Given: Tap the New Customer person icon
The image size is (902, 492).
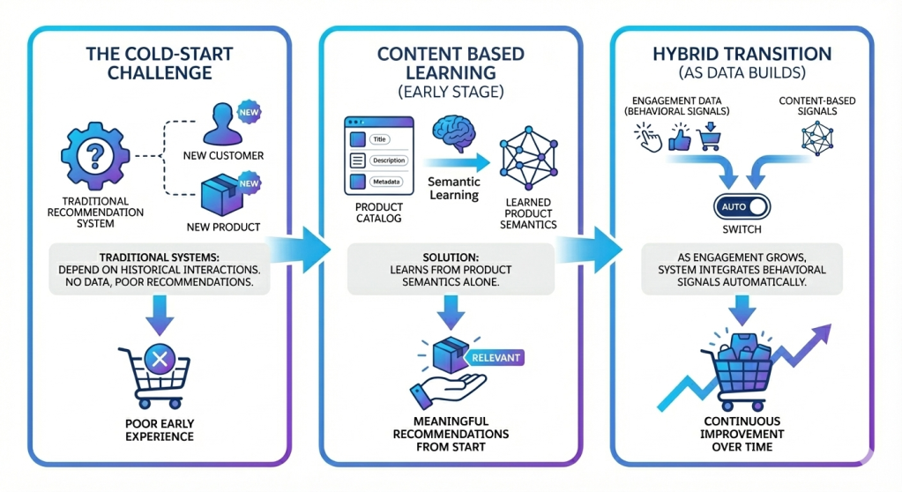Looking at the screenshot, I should coord(222,124).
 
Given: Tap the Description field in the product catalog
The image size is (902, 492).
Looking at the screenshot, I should coord(389,160).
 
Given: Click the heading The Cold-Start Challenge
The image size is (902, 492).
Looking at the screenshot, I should coord(160,63).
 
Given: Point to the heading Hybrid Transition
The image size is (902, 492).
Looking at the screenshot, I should coord(741,53).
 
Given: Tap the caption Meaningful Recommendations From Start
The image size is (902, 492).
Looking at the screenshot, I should coord(451,434).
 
